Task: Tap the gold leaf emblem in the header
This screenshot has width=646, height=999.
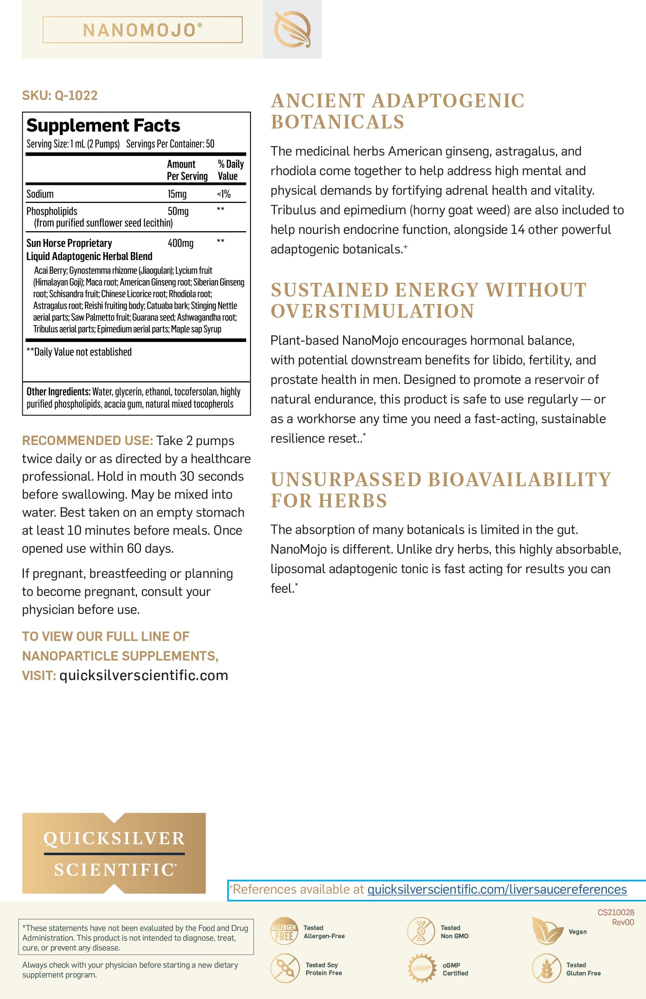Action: point(292,29)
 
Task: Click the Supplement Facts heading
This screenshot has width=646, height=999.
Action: point(103,125)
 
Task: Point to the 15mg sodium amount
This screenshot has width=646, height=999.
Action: point(177,194)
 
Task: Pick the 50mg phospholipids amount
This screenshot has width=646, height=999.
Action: point(178,211)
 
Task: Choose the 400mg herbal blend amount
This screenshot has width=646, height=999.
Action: point(180,243)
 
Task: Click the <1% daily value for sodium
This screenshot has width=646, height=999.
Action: point(224,194)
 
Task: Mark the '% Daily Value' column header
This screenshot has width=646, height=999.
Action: point(230,170)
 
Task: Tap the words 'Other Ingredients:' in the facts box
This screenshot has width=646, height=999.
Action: point(58,392)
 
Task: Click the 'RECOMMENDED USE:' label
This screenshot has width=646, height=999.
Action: point(87,440)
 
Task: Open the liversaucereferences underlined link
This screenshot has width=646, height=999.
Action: point(497,889)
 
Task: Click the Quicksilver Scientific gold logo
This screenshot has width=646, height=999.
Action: point(114,853)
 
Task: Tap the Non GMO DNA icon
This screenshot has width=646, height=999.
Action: point(421,931)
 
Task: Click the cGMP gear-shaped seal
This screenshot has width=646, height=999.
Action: point(421,968)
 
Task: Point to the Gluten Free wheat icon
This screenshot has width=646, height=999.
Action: point(546,968)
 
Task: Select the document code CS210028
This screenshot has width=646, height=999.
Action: point(615,912)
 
